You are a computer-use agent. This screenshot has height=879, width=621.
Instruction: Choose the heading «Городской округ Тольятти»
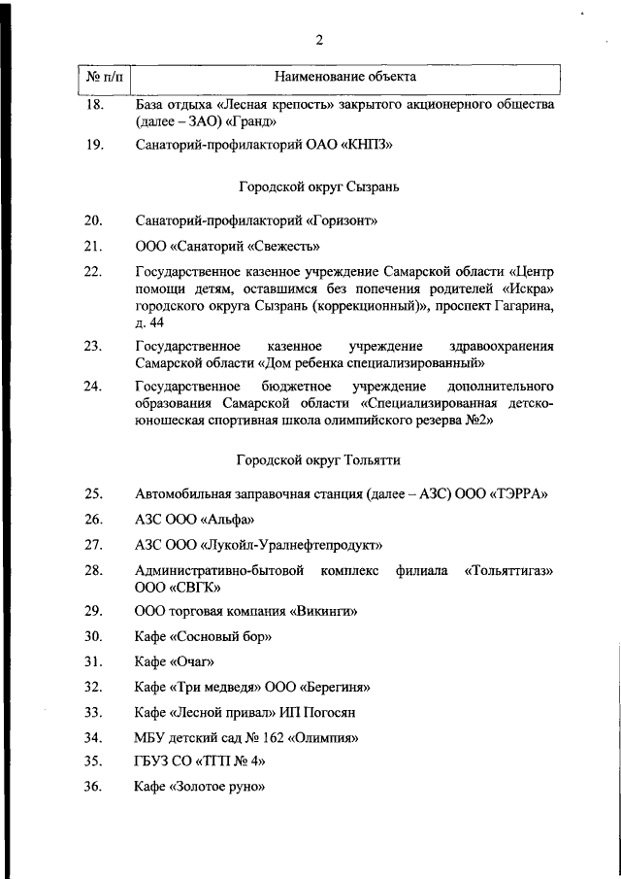317,458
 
